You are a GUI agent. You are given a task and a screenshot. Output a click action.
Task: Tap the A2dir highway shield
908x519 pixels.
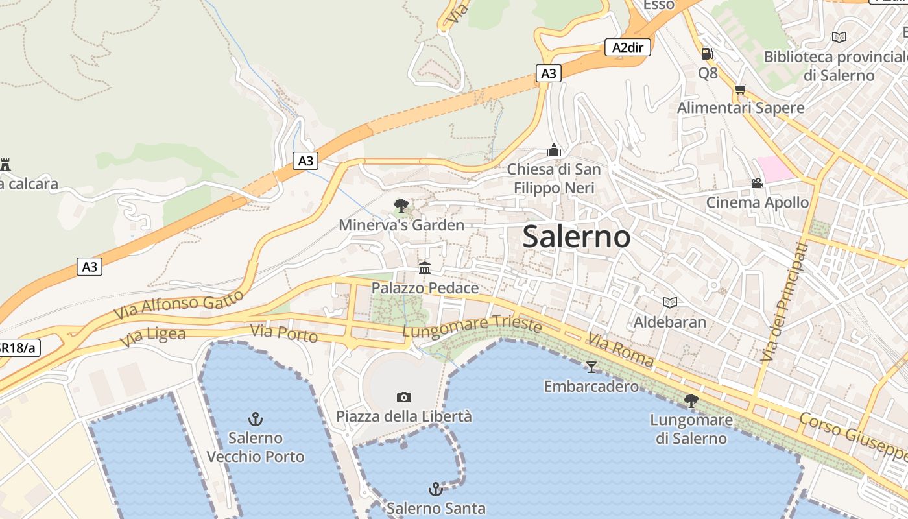point(628,47)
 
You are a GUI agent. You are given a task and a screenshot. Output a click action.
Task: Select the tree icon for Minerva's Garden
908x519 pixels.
point(401,206)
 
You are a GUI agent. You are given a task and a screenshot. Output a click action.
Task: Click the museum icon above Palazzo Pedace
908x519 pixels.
point(425,268)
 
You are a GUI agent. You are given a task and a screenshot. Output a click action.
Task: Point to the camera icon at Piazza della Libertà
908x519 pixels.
point(403,397)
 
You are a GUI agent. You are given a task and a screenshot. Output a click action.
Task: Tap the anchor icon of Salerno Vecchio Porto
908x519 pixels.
point(256,418)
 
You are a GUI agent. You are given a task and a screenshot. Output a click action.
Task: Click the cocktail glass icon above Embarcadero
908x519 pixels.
point(591,367)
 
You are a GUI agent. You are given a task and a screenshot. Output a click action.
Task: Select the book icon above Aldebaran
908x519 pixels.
point(670,302)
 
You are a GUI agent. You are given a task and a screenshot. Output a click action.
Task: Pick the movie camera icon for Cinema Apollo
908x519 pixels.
point(757,183)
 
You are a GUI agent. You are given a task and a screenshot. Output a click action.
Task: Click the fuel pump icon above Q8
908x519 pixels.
point(707,54)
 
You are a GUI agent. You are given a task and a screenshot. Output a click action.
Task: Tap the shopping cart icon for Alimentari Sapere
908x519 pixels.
point(740,89)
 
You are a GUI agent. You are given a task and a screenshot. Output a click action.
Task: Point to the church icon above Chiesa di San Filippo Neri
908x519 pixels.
point(553,150)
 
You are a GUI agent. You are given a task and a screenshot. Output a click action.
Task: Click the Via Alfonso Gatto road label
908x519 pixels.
point(179,304)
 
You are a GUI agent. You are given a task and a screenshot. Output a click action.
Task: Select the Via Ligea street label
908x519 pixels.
point(153,337)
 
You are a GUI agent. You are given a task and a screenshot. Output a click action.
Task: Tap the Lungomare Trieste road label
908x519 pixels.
point(472,326)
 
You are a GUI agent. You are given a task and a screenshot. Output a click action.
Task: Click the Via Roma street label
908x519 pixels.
point(621,351)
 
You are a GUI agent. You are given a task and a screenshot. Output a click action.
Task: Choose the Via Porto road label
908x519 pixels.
point(284,333)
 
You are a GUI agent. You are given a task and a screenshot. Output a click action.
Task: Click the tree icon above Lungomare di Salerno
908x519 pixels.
point(691,400)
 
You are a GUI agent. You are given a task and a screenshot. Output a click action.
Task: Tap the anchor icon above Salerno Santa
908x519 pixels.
point(436,489)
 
